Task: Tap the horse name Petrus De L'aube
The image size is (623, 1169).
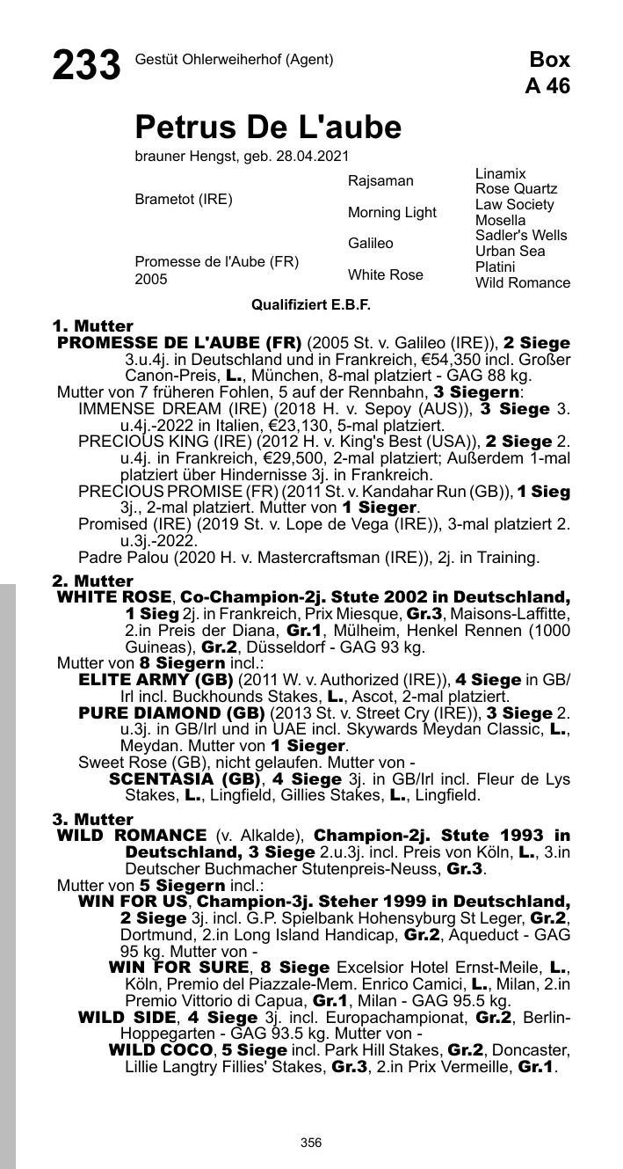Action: pyautogui.click(x=268, y=128)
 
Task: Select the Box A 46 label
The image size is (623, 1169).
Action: pyautogui.click(x=547, y=73)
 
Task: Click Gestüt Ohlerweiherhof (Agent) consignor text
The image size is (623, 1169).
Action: pyautogui.click(x=234, y=60)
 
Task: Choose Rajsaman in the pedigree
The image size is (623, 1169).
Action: pyautogui.click(x=380, y=181)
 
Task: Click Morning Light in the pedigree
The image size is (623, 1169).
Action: pyautogui.click(x=392, y=213)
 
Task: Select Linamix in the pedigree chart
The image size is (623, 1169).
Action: pyautogui.click(x=500, y=174)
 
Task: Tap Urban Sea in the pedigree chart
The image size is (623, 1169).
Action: pyautogui.click(x=511, y=252)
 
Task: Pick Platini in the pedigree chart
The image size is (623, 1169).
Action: pyautogui.click(x=496, y=267)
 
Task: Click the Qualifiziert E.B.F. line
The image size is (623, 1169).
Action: pyautogui.click(x=311, y=305)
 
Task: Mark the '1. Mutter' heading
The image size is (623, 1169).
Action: pyautogui.click(x=92, y=326)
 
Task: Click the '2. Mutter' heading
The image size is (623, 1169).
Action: pyautogui.click(x=92, y=581)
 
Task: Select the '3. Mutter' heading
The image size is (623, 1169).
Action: pyautogui.click(x=92, y=820)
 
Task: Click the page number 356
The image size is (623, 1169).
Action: pyautogui.click(x=311, y=1143)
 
